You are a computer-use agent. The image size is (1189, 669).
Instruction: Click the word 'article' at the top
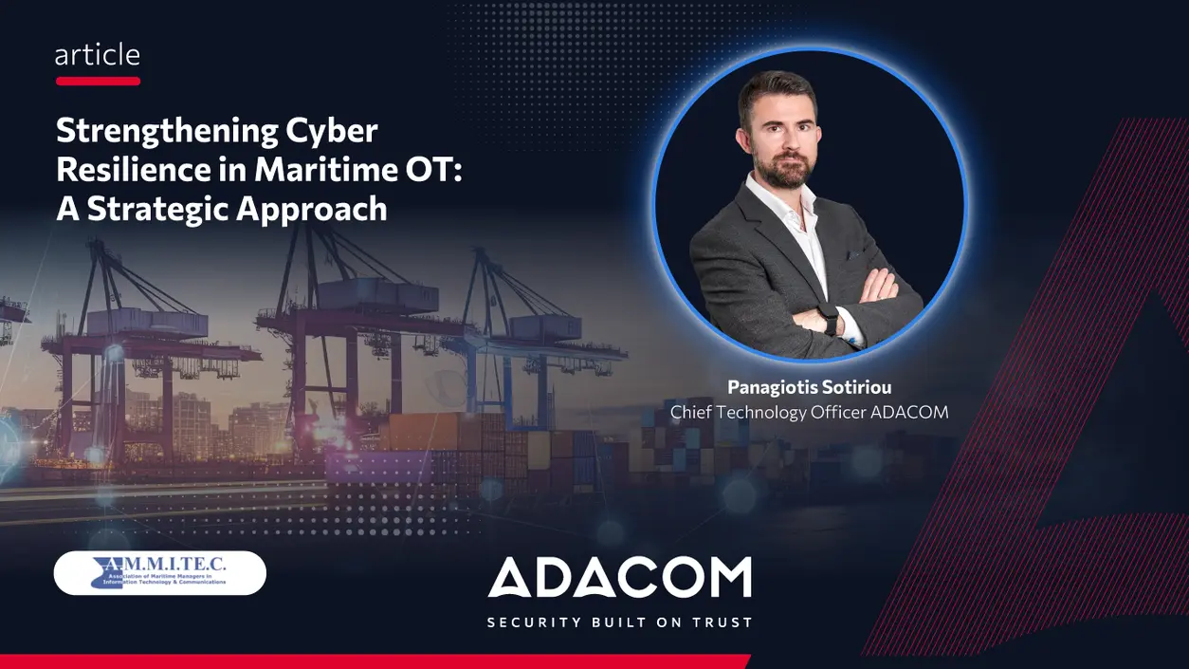coord(98,55)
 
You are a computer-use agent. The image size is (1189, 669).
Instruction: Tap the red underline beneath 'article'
coord(98,82)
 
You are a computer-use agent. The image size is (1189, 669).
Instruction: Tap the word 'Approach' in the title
coord(323,209)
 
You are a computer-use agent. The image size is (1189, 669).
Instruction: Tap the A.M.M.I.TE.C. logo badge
coord(160,573)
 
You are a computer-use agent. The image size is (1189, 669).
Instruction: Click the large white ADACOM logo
coord(619,578)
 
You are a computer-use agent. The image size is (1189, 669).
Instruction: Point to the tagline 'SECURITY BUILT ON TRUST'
coord(619,623)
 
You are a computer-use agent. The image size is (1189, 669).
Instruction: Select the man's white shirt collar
coord(784,191)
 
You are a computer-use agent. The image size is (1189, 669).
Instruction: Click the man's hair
coord(777,90)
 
